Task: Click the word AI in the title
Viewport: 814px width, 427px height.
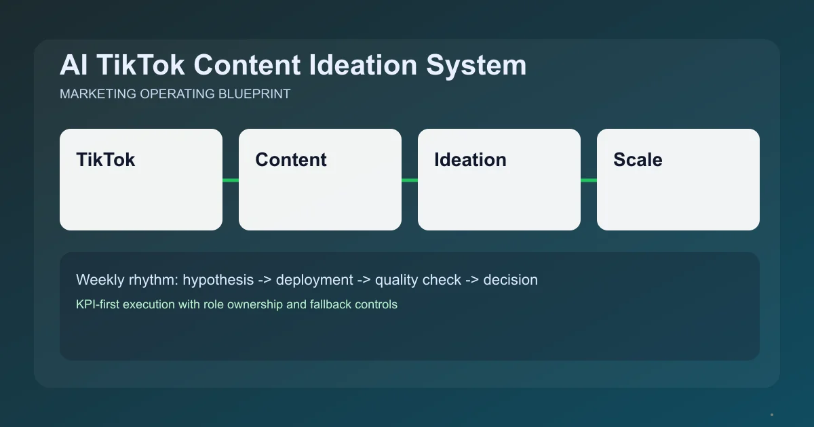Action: (x=73, y=66)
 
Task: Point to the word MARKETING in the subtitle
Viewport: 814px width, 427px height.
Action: (x=98, y=94)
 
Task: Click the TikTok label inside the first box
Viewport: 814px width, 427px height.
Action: (x=106, y=160)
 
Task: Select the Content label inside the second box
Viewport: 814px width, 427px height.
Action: (x=291, y=160)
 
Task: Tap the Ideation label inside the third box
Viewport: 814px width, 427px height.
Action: (x=470, y=160)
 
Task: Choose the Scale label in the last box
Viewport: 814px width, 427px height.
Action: (x=638, y=160)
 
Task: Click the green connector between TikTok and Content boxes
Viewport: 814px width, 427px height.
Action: (x=231, y=180)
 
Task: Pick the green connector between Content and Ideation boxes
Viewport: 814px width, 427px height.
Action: (x=410, y=180)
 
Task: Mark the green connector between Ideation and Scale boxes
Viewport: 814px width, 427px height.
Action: (x=589, y=180)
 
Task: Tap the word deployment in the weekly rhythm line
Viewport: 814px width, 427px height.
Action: (x=314, y=280)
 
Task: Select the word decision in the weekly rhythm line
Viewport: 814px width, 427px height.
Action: (x=510, y=280)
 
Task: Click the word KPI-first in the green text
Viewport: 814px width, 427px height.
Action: (x=99, y=304)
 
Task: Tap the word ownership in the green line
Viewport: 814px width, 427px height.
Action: (x=255, y=304)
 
